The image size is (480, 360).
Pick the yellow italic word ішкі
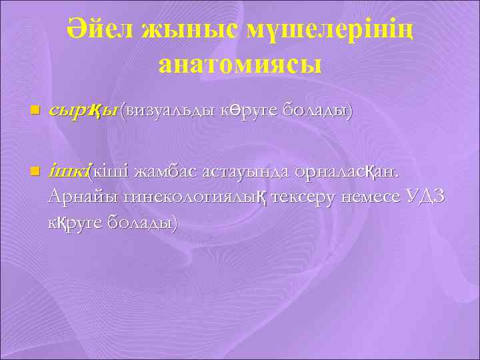click(x=68, y=171)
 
